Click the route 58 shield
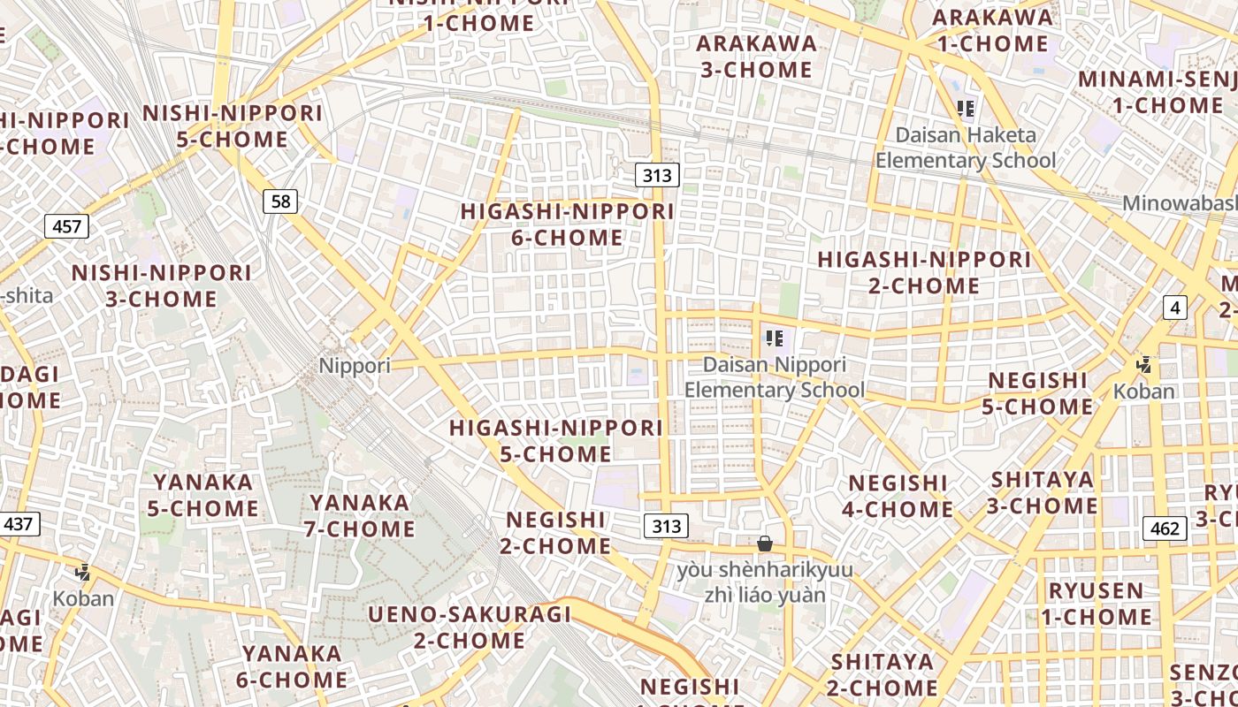coord(280,201)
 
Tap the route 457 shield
coord(66,226)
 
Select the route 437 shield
coord(18,523)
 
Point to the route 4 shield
coord(1174,308)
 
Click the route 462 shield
coord(1165,528)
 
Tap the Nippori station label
coord(355,365)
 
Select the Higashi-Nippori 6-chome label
coord(567,224)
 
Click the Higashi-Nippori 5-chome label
coord(556,441)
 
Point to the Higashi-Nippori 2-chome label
coord(924,272)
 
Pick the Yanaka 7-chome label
coord(361,515)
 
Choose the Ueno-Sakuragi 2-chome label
coord(470,627)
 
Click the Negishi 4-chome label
coord(900,496)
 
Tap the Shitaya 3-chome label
coord(1043,492)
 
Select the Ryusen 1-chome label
coord(1097,604)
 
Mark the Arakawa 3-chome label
coord(756,57)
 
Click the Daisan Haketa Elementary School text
coord(966,148)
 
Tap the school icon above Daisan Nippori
coord(775,338)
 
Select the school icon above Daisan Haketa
coord(966,109)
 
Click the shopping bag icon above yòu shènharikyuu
coord(765,544)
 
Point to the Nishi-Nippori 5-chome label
coord(233,126)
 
